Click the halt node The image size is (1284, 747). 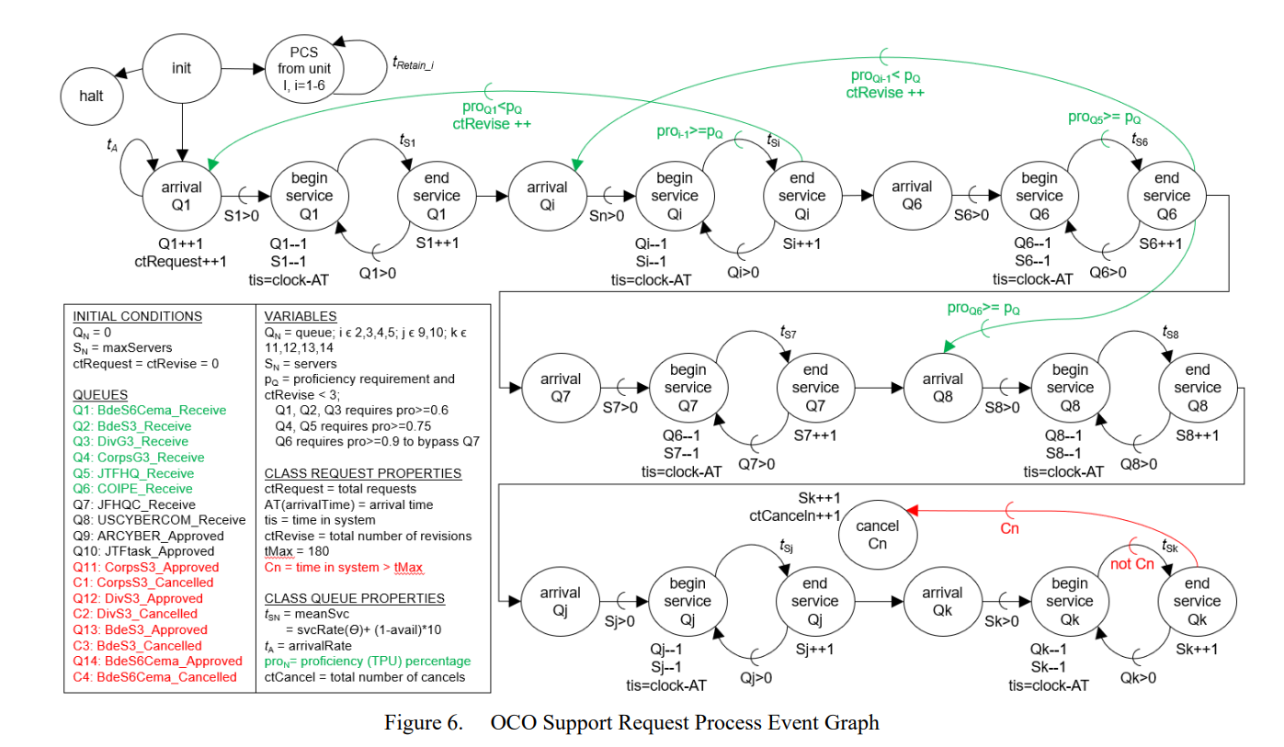[92, 96]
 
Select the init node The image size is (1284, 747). [182, 68]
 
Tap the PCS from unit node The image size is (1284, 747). [304, 69]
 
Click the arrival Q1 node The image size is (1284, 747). [182, 196]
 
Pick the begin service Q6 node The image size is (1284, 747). [1040, 196]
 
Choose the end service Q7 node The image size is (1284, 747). [815, 388]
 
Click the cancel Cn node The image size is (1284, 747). [878, 535]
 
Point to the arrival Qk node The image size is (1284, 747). [943, 602]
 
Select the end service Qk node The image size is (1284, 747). [1198, 602]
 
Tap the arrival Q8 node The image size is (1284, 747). [943, 388]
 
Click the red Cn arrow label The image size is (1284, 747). [1009, 528]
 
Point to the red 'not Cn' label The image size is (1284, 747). [1132, 564]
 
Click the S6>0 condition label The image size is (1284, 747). [971, 215]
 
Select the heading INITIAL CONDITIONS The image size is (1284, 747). [138, 316]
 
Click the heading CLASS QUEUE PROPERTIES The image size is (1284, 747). [354, 598]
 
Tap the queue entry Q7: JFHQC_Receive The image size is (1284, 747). [134, 504]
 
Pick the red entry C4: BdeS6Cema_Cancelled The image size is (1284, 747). [154, 677]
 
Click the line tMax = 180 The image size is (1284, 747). [296, 551]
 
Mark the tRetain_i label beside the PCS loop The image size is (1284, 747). [414, 62]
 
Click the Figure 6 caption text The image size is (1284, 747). [631, 722]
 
